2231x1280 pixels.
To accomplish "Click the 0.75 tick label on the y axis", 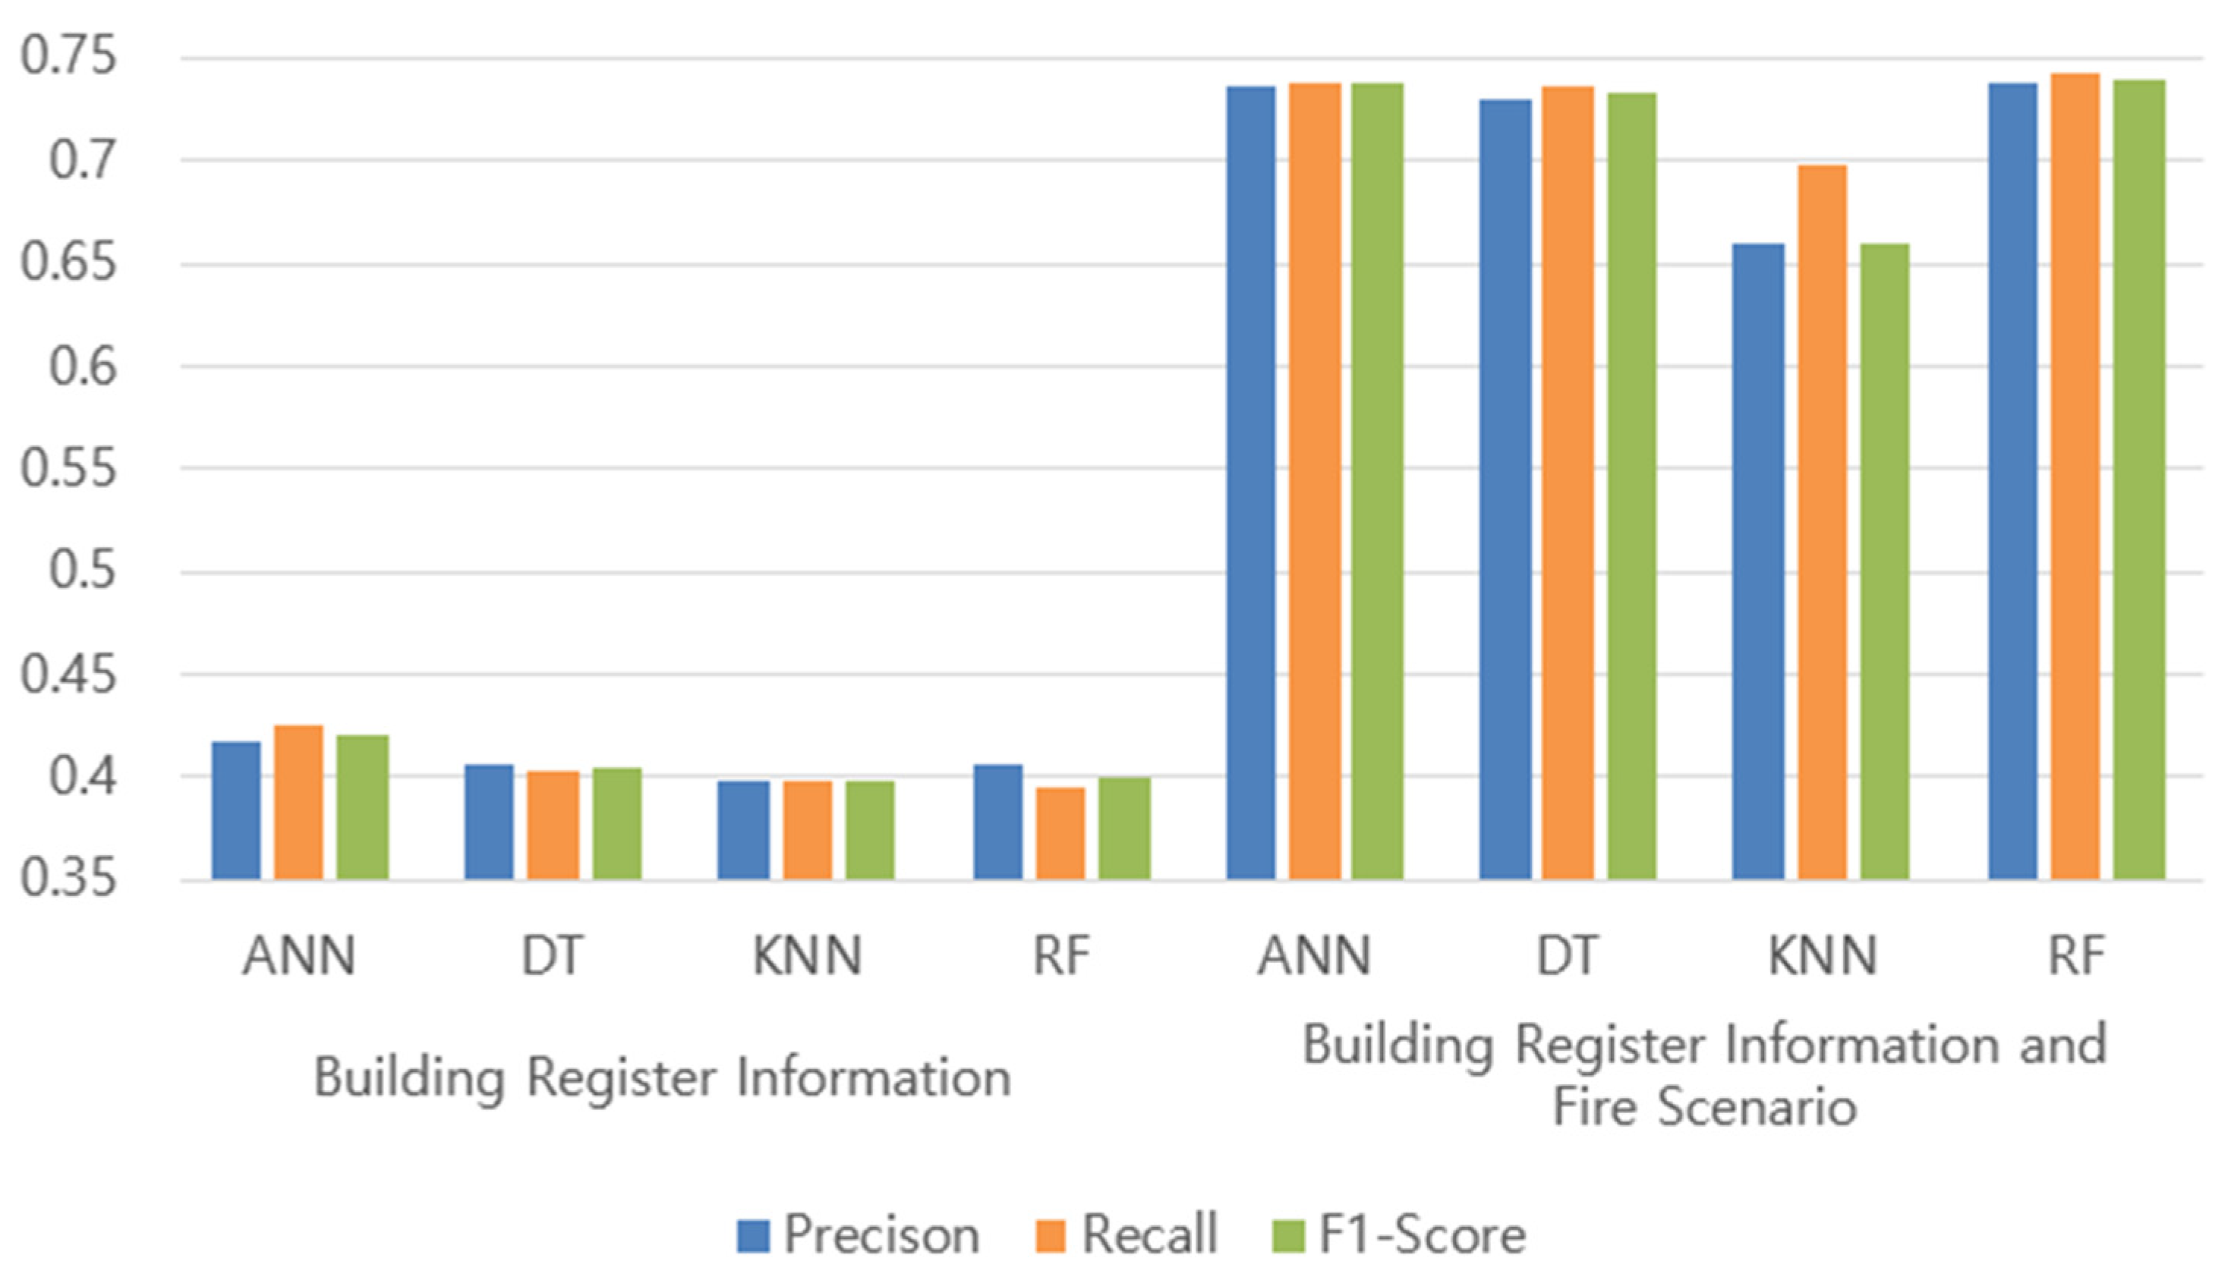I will (x=68, y=55).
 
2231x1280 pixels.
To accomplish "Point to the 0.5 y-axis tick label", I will (x=82, y=571).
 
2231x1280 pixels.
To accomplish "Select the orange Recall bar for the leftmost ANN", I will (x=298, y=802).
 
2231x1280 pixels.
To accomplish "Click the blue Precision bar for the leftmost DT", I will (x=489, y=822).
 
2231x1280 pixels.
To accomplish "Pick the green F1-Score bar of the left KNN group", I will (x=870, y=829).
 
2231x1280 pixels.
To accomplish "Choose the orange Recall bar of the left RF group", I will (x=1060, y=832).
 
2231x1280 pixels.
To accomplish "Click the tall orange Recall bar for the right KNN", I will (x=1822, y=522).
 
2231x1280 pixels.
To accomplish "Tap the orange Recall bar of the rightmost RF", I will (x=2075, y=476).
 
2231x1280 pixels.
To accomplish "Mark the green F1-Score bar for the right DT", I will (x=1632, y=486).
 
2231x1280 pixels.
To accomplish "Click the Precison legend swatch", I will (x=754, y=1235).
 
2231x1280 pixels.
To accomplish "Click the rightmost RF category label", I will (x=2076, y=954).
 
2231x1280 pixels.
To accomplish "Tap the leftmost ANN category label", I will (x=299, y=954).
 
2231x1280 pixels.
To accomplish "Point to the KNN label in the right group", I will (x=1822, y=954).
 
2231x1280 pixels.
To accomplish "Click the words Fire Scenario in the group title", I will (x=1704, y=1105).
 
